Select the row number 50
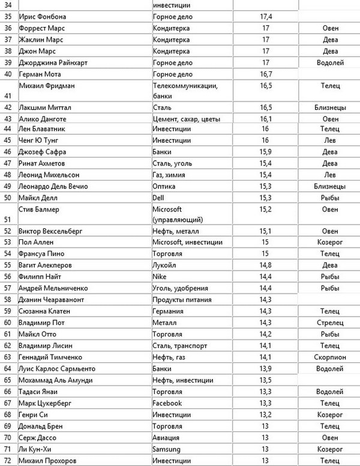point(8,197)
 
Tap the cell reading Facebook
point(167,403)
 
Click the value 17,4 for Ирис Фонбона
point(265,16)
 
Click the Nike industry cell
point(161,277)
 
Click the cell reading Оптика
point(164,186)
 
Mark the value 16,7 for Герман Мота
point(265,74)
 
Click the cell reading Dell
point(160,197)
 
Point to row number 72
point(8,460)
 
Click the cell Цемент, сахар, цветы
point(189,119)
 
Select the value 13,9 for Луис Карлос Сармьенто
point(265,368)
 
